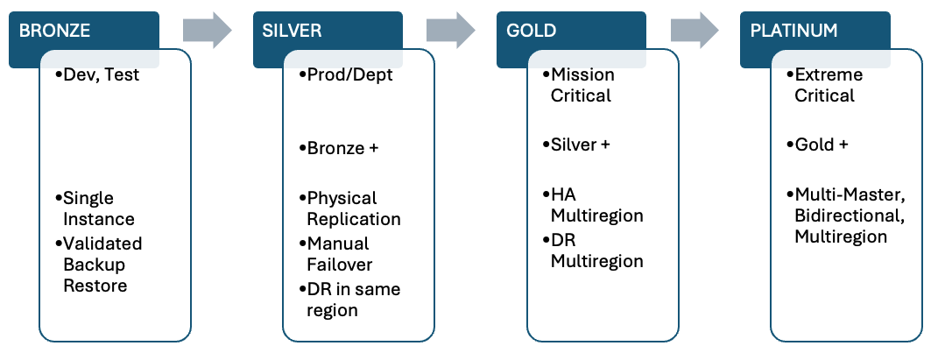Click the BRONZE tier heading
55,31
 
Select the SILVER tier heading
293,31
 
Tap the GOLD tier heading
532,31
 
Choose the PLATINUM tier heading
793,31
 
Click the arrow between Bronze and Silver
207,31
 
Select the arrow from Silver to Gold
450,31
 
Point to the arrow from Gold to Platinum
695,31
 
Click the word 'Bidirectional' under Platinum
844,215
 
